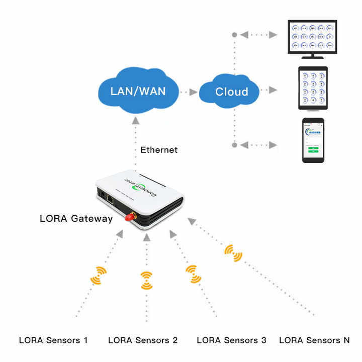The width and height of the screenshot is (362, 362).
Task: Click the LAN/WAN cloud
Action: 138,92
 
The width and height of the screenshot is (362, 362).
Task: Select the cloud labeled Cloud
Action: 231,92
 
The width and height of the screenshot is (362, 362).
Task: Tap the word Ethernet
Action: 159,150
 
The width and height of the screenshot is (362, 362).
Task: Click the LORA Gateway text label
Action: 76,218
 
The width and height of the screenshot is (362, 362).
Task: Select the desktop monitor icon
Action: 312,39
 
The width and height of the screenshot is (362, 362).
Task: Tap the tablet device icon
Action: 313,88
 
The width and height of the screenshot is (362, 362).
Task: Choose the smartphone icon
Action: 313,140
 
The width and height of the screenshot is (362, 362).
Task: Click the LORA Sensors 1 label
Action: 53,340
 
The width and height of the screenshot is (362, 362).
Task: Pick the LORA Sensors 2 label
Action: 143,340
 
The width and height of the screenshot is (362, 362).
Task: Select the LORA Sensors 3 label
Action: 231,340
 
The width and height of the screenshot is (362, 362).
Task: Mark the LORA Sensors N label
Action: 314,340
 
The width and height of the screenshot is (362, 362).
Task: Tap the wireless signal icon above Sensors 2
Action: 146,280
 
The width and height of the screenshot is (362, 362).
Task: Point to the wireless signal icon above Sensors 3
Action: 193,275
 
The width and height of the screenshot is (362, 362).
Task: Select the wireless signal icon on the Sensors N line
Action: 233,253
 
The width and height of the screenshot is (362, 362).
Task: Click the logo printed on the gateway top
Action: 145,185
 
